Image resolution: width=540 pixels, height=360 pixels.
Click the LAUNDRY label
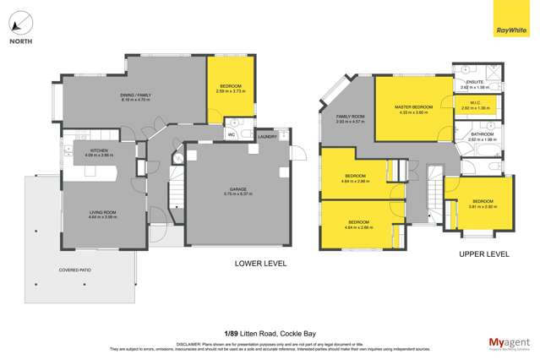268,135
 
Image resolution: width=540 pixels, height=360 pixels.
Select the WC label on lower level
231,134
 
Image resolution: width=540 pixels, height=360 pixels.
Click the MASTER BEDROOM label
413,107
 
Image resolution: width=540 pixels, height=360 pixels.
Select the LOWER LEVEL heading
260,264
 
